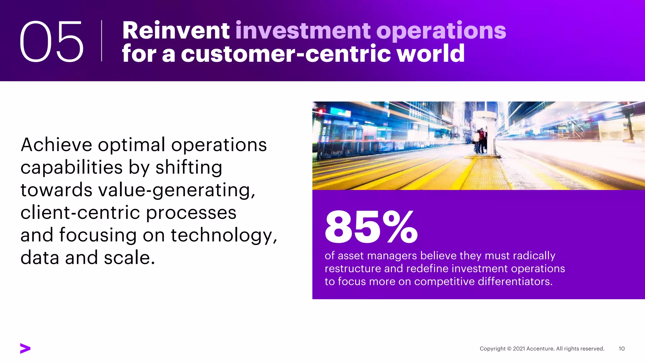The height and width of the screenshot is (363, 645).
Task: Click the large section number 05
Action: (52, 41)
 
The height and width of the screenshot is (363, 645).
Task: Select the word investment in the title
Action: (303, 31)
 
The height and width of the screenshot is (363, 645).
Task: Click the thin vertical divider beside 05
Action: (101, 41)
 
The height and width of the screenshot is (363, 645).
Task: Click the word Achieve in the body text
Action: (56, 145)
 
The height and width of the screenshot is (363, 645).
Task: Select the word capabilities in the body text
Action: (71, 167)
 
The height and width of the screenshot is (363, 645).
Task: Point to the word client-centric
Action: (80, 213)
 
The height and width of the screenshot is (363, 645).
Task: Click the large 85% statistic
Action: (371, 227)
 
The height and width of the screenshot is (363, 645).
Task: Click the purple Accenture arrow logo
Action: (25, 348)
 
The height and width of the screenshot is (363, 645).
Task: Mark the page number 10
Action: (621, 349)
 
